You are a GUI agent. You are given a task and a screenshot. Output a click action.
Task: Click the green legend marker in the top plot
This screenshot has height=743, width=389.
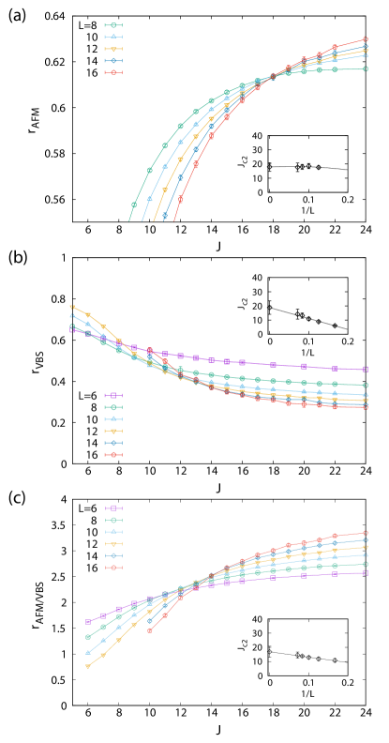point(113,25)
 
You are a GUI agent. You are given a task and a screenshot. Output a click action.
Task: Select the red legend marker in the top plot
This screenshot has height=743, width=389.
point(113,72)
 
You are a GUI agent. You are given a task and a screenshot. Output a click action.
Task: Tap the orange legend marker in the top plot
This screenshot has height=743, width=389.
point(113,49)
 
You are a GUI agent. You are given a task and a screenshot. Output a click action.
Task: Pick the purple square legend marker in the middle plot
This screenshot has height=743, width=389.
point(113,396)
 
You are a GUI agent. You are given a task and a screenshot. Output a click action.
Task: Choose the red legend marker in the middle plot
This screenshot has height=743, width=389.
point(113,454)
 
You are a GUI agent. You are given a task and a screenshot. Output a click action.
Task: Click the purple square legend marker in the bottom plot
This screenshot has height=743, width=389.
point(113,508)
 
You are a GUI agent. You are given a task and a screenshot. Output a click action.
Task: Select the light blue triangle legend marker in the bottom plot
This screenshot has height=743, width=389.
point(113,531)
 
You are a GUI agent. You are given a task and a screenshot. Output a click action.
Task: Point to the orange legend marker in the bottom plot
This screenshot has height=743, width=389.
point(113,543)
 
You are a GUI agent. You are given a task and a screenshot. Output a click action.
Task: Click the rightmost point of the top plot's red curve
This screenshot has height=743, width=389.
point(366,38)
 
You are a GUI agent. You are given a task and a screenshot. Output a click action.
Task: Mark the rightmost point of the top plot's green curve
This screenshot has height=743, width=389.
point(366,68)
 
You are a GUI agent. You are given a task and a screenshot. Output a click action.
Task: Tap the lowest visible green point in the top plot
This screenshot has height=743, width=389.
point(134,205)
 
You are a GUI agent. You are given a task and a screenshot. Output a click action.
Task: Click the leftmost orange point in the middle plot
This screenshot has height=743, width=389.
point(72,307)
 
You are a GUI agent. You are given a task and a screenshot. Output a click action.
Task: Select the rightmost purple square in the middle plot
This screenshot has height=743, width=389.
point(366,369)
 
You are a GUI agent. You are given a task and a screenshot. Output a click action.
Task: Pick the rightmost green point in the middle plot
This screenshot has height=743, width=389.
point(366,385)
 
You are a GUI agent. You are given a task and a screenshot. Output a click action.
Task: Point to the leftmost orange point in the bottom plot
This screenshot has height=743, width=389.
point(88,666)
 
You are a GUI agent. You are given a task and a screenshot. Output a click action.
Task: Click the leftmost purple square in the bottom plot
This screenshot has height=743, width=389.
point(88,621)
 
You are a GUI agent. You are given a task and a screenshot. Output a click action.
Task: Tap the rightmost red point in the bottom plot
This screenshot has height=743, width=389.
point(366,532)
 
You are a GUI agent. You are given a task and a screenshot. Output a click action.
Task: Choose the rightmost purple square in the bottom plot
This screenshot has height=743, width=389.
point(366,571)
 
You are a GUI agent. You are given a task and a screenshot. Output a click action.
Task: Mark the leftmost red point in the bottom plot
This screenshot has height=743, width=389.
point(150,630)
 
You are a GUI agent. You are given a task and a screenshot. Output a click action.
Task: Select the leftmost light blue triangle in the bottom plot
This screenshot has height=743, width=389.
point(88,652)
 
